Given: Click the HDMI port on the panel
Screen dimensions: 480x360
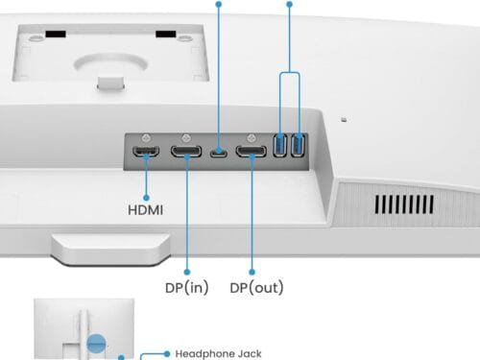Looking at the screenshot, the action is pos(146,151).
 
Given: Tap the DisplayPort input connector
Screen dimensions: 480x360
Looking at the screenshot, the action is pos(186,151).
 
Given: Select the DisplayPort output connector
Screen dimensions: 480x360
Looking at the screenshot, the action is pos(252,151).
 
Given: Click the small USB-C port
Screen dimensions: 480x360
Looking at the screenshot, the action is pos(219,152).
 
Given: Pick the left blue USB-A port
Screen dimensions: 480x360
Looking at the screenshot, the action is pos(280,145).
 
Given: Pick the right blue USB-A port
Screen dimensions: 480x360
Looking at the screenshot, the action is pos(299,145).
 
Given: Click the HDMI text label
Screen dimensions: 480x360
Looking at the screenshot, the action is pos(146,210).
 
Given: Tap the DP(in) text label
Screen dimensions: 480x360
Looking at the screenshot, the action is pos(187,287).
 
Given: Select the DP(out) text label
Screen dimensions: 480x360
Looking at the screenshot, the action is pos(256,287).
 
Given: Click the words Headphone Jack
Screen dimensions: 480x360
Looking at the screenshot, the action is pos(218,353).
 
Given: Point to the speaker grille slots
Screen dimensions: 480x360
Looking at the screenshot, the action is pos(404,204).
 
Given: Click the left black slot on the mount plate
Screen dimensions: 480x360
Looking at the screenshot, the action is pos(56,34).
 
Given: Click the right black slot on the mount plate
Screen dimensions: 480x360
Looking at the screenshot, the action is pos(166,34).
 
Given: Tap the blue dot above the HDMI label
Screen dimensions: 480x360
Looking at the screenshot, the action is pos(146,198).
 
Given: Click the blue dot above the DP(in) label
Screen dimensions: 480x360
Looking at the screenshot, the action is pos(187,272).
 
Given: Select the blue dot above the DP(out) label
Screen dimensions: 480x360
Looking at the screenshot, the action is pos(252,272).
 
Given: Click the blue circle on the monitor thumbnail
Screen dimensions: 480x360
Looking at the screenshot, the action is pos(96,344).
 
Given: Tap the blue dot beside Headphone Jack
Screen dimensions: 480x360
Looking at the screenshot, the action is pos(167,353).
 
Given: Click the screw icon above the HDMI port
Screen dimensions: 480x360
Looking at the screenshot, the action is pos(146,138).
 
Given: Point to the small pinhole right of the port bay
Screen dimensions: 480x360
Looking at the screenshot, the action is pos(344,120).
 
